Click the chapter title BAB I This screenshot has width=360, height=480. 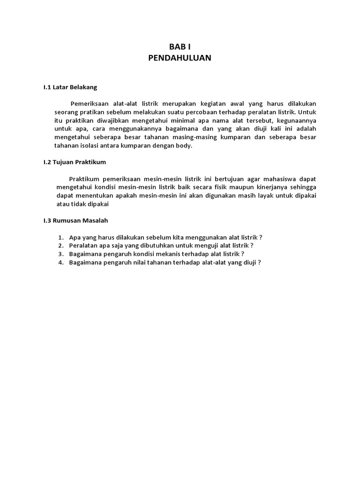pos(180,47)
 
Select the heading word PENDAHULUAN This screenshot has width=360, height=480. pos(180,58)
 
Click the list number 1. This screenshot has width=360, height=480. pos(60,237)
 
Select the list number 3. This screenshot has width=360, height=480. pos(60,254)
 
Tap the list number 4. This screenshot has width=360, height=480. pos(60,262)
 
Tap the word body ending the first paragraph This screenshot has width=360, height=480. pos(185,146)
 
